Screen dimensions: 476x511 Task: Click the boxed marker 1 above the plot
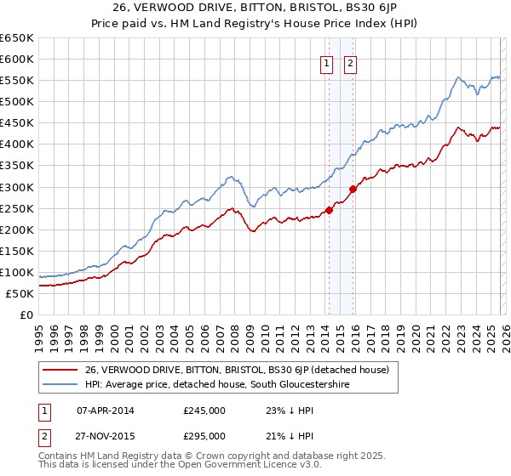click(x=327, y=62)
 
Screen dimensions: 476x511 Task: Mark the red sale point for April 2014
click(x=329, y=211)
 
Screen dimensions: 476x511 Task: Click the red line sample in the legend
click(x=61, y=370)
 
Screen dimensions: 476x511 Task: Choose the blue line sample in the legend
click(x=61, y=385)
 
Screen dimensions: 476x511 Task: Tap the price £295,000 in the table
click(x=204, y=436)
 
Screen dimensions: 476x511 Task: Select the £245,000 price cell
click(x=204, y=411)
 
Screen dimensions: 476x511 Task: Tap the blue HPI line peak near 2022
click(x=457, y=77)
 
